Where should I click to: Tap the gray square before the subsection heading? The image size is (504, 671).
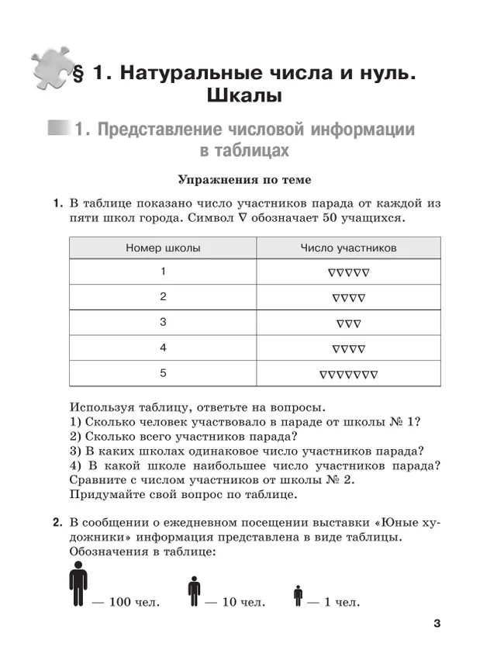coord(57,128)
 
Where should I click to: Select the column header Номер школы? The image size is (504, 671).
coord(163,248)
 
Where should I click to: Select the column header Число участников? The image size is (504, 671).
coord(348,248)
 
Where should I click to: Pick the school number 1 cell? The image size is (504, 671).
coord(163,272)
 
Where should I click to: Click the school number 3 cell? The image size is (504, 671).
coord(163,322)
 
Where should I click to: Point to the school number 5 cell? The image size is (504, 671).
coord(163,373)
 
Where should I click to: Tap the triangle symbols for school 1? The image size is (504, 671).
coord(348,272)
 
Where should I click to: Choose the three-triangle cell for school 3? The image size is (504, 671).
coord(348,323)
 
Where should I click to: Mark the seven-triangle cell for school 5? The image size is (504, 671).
coord(348,374)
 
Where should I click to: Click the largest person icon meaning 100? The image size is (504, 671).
coord(78,584)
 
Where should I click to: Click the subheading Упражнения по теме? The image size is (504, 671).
coord(244,180)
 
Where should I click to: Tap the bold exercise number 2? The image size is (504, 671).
coord(57,522)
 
